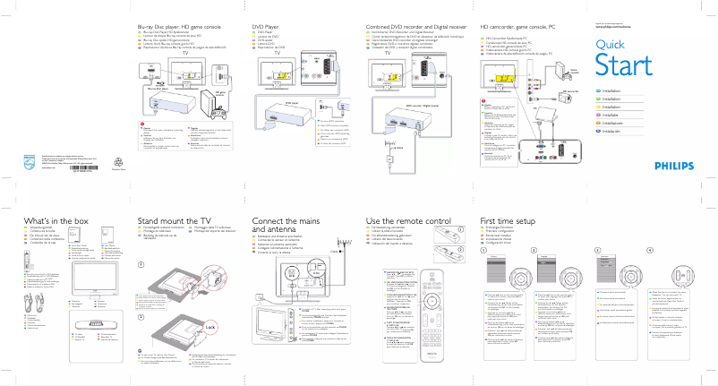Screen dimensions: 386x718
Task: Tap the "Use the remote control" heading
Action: pyautogui.click(x=408, y=221)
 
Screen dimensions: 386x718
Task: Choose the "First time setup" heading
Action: pyautogui.click(x=507, y=221)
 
